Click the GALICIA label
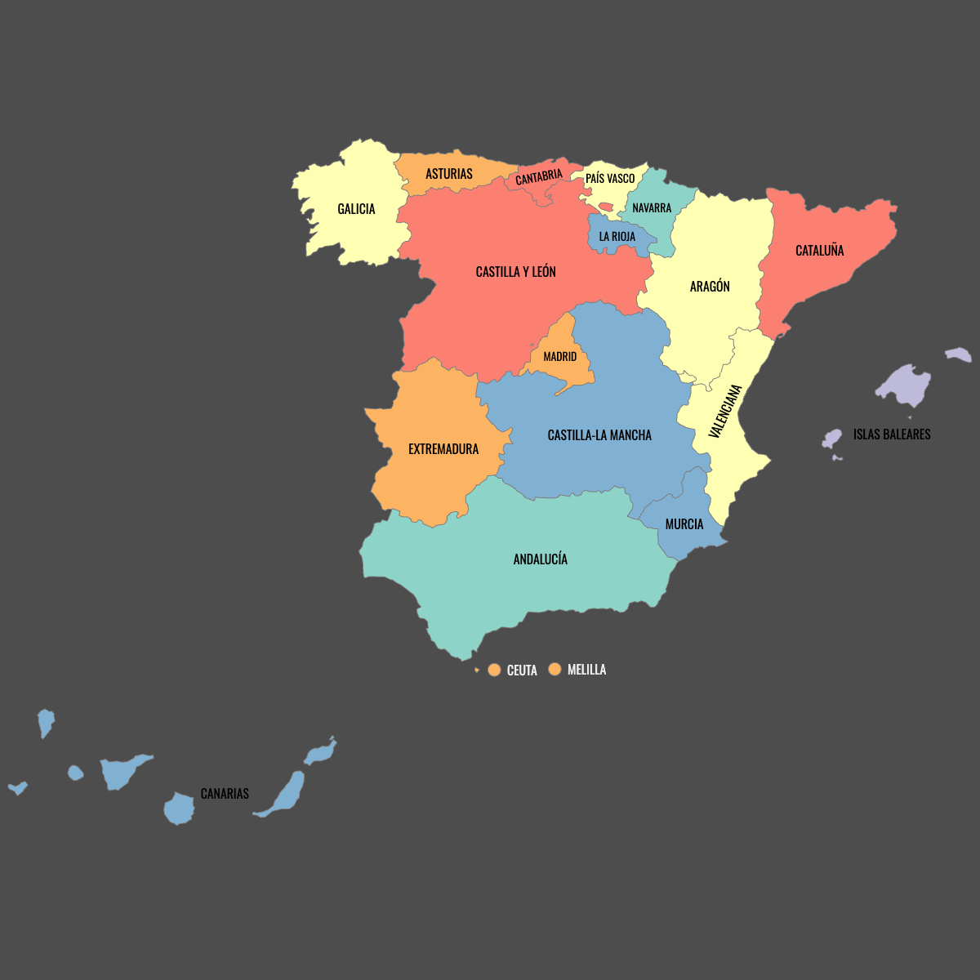(x=356, y=209)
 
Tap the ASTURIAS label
(x=448, y=174)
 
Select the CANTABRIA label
(x=539, y=176)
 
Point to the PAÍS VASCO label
(x=610, y=178)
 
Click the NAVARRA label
(x=652, y=208)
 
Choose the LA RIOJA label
(x=617, y=237)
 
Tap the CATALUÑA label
(x=819, y=251)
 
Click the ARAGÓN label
(x=710, y=287)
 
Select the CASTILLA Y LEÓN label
(x=515, y=272)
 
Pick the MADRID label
(x=559, y=357)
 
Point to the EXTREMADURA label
(x=443, y=449)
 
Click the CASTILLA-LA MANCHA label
(x=599, y=435)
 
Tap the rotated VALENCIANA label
(x=725, y=412)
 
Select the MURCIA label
(x=684, y=524)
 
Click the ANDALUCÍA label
(x=540, y=559)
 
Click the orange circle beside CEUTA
(x=494, y=670)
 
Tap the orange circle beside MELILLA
(x=555, y=670)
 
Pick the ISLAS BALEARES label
(x=892, y=434)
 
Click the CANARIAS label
(x=225, y=794)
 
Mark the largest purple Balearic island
(x=905, y=385)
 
